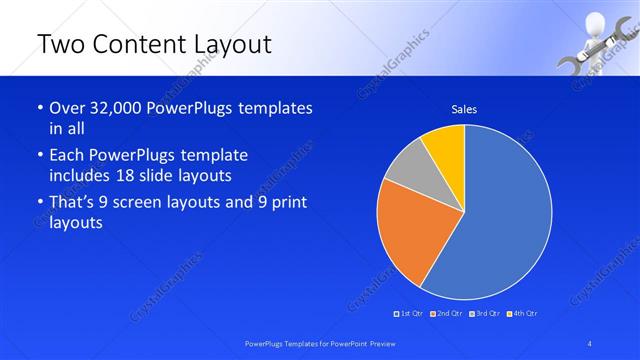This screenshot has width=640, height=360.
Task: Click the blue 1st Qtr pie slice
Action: click(500, 220)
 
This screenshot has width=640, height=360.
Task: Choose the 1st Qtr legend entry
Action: click(409, 314)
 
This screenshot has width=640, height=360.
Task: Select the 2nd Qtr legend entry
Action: click(446, 314)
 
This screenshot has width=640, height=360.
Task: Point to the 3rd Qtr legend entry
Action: click(484, 314)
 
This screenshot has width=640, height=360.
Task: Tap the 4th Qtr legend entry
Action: click(521, 314)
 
